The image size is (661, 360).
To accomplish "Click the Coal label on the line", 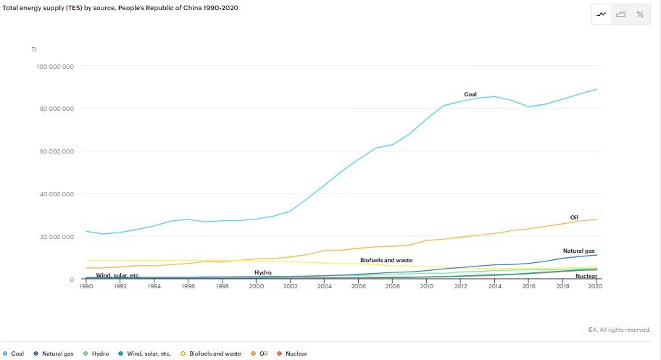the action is [x=470, y=94].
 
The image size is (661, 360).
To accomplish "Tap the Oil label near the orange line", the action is [x=574, y=217].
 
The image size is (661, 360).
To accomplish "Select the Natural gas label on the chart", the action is [x=579, y=251].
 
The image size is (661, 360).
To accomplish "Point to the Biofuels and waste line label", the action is [x=386, y=261].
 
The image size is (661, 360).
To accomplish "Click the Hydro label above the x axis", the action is [x=263, y=273].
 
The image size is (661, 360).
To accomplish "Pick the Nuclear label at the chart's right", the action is [x=586, y=276].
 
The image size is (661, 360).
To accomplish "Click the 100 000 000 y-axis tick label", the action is [x=55, y=67].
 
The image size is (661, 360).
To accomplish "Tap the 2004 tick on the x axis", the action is [x=324, y=286].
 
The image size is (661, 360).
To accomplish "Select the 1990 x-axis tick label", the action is [x=86, y=286].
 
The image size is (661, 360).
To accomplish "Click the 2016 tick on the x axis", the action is [x=528, y=286].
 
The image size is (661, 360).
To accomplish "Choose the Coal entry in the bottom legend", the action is [x=14, y=353].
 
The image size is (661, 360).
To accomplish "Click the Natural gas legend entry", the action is [x=54, y=353].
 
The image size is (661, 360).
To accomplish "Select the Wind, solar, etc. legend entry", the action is [x=145, y=353].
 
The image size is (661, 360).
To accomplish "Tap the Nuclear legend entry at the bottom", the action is [x=292, y=353].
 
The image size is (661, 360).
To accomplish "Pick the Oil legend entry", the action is [x=259, y=353].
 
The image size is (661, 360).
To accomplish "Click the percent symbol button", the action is [x=640, y=14].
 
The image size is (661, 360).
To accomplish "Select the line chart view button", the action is [x=602, y=14].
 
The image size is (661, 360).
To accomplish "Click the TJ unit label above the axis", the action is [x=34, y=50].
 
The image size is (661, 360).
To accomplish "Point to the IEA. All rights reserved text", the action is [x=619, y=330].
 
